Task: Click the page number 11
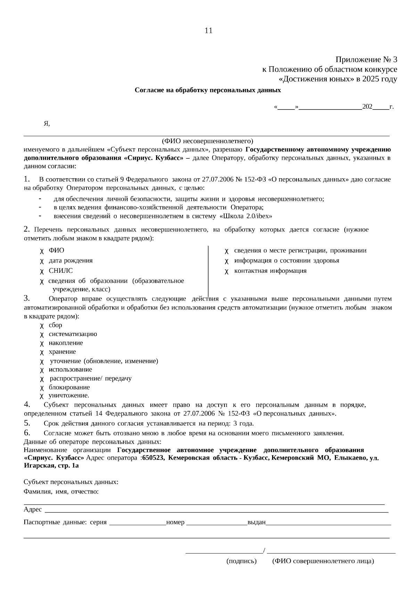(x=208, y=31)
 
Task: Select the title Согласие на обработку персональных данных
(x=208, y=90)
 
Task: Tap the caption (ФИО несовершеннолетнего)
(x=207, y=141)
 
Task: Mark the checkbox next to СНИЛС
(x=42, y=271)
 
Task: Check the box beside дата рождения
(x=42, y=261)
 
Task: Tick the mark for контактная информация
(x=227, y=271)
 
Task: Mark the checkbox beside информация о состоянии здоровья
(x=227, y=261)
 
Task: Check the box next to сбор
(x=42, y=326)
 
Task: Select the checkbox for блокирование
(x=42, y=388)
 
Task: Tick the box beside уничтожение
(x=42, y=396)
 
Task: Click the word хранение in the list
(x=62, y=352)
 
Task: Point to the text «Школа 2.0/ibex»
(x=245, y=216)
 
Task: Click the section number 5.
(x=27, y=423)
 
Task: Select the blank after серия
(x=138, y=522)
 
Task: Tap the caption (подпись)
(x=242, y=561)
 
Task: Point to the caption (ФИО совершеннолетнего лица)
(x=323, y=561)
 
